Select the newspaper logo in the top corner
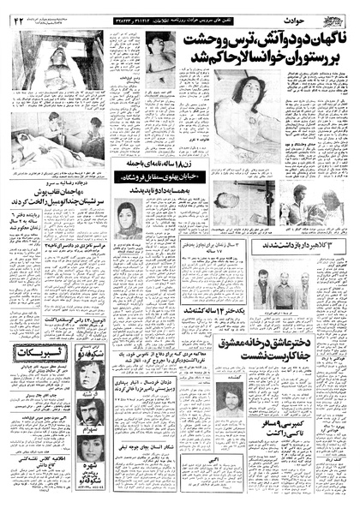[335, 15]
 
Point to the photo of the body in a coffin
[56, 69]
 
